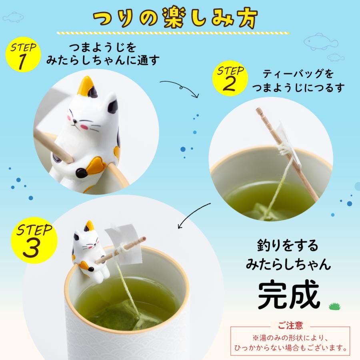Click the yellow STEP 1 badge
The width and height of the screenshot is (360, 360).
coord(23,55)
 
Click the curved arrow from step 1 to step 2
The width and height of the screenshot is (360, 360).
coord(179,87)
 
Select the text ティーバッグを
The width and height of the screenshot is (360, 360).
coord(298,74)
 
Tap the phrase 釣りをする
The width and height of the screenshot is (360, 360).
coord(288,245)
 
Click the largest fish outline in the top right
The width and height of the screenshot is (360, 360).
coord(320,40)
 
